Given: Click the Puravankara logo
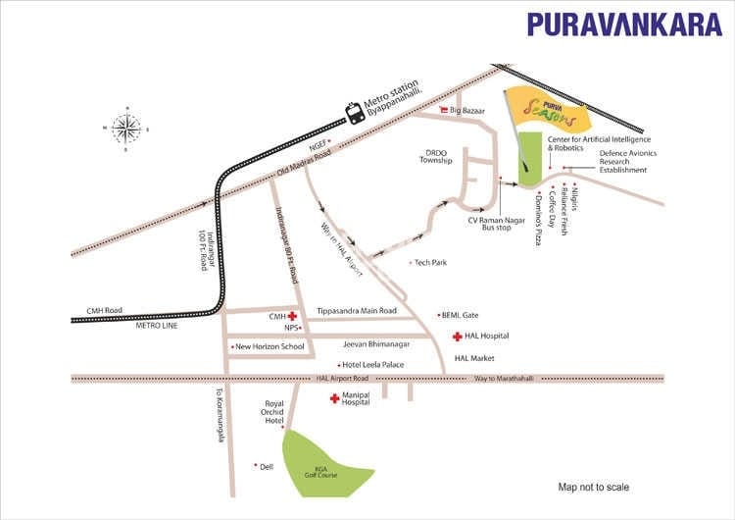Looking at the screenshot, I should pyautogui.click(x=624, y=25).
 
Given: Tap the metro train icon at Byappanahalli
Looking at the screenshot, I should pyautogui.click(x=354, y=113).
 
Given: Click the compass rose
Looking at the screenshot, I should pyautogui.click(x=125, y=128).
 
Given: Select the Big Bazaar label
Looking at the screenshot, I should pyautogui.click(x=467, y=111).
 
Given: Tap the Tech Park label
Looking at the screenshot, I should pyautogui.click(x=430, y=262).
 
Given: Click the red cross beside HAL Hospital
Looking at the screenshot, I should pyautogui.click(x=457, y=337).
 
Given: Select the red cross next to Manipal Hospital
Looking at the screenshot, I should pyautogui.click(x=334, y=398).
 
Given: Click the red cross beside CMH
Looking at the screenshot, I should pyautogui.click(x=292, y=317).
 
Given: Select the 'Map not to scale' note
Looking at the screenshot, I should pyautogui.click(x=594, y=488).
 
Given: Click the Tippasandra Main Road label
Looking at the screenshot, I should pyautogui.click(x=357, y=311).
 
